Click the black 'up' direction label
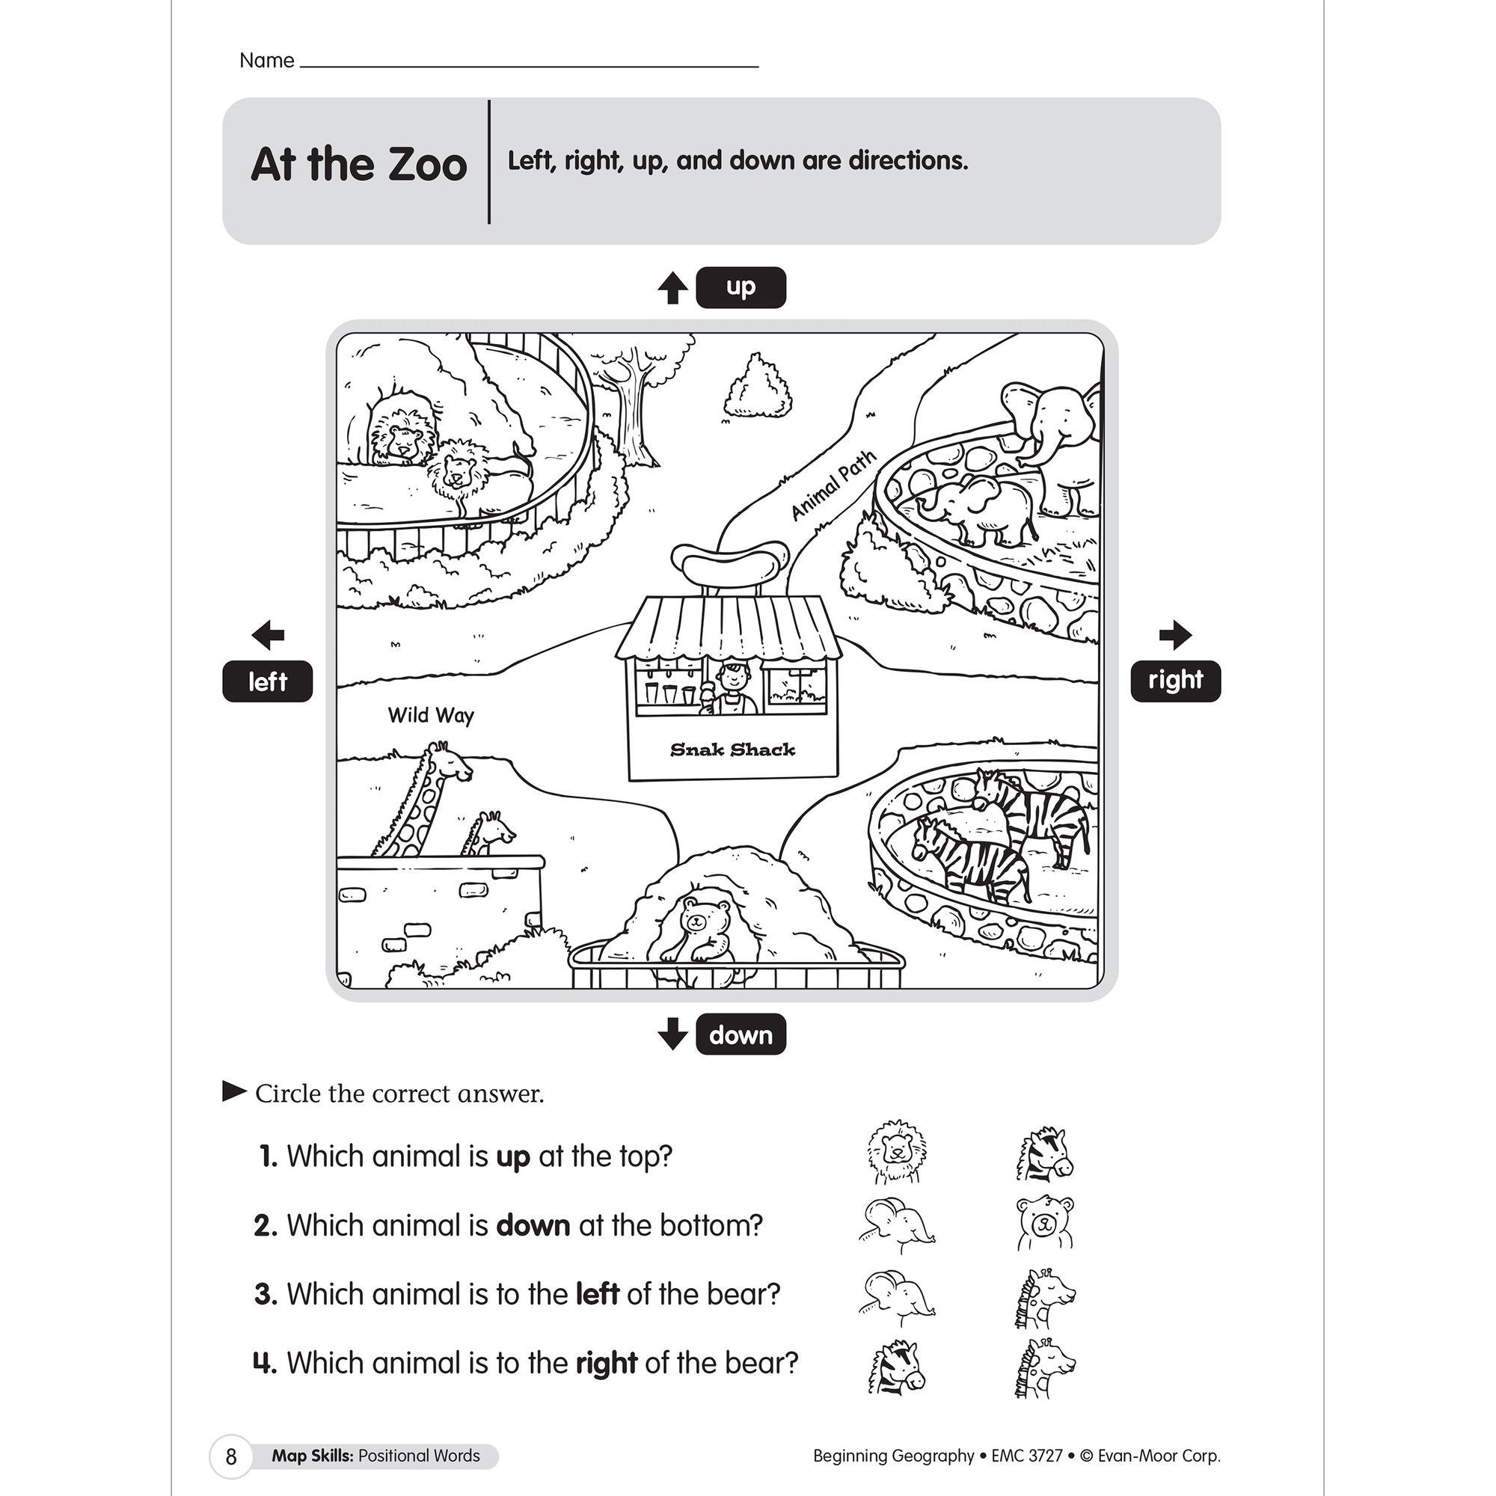(741, 287)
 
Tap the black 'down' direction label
(741, 1034)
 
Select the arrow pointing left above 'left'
(268, 635)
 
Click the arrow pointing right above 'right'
(1174, 634)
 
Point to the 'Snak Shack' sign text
(732, 749)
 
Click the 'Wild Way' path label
(431, 714)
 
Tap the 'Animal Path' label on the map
(833, 485)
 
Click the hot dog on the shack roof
(729, 560)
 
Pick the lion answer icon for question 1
(896, 1151)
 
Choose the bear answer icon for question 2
(1044, 1224)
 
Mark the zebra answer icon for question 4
(896, 1367)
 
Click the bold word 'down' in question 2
(533, 1225)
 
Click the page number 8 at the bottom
(230, 1456)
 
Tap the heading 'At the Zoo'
(358, 164)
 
